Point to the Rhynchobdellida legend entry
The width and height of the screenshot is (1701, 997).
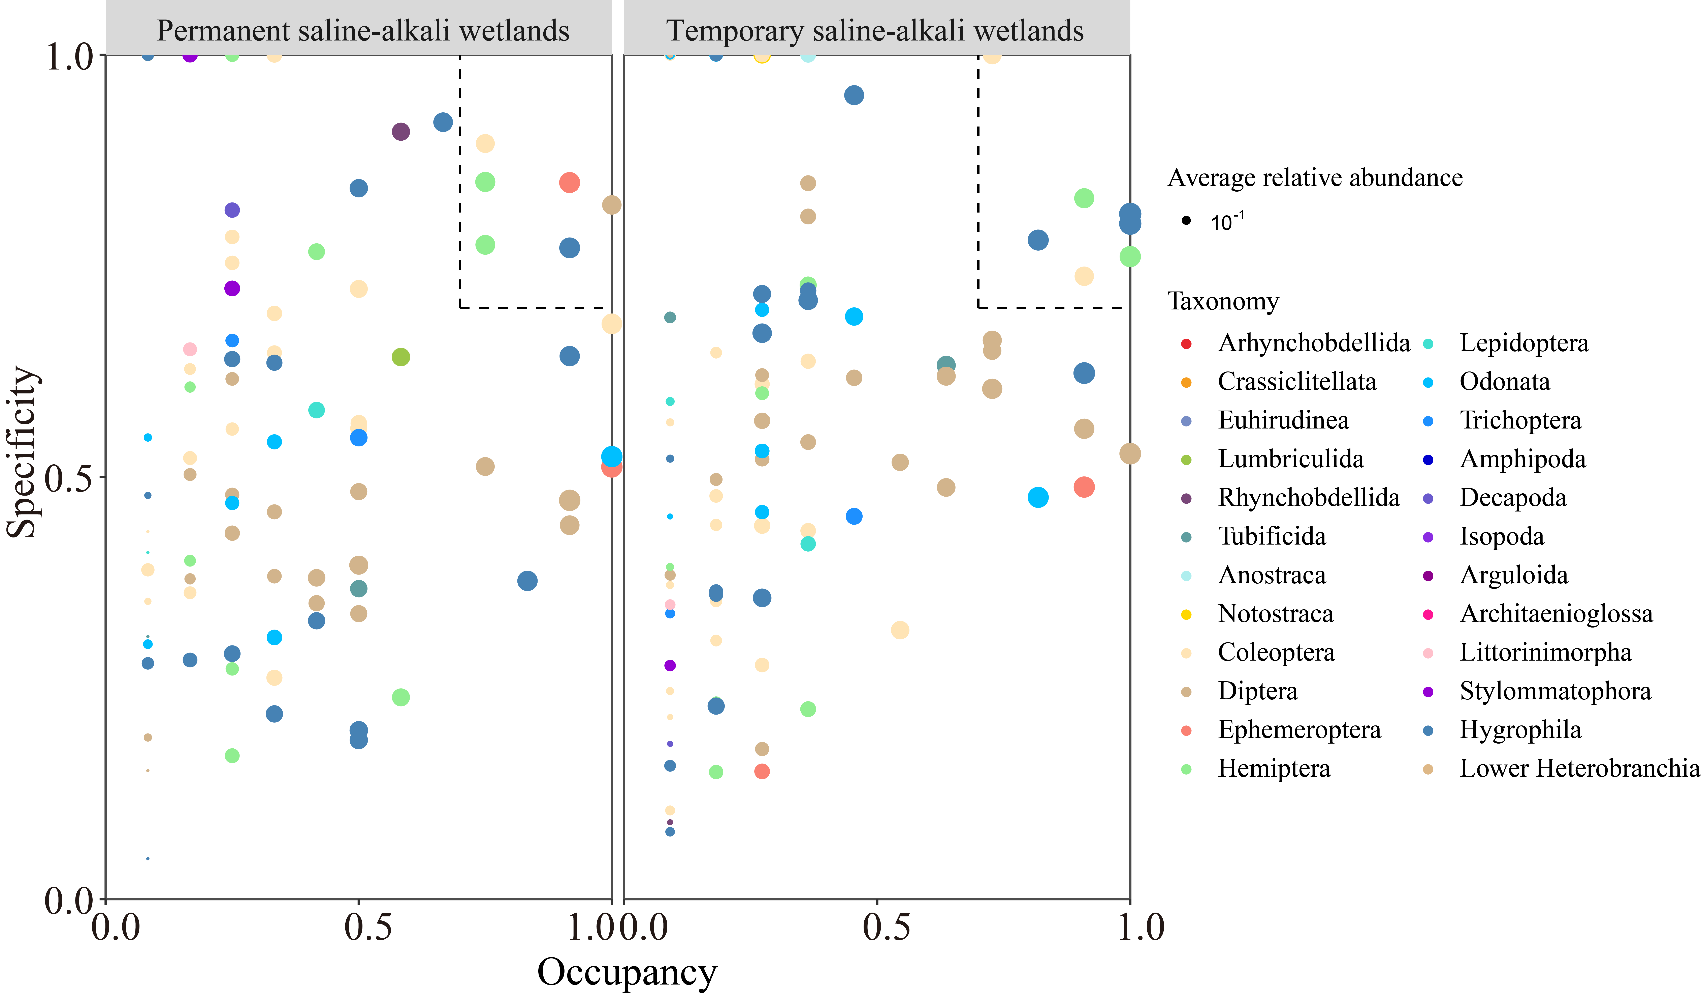pyautogui.click(x=1308, y=498)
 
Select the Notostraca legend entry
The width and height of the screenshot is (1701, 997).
pyautogui.click(x=1275, y=614)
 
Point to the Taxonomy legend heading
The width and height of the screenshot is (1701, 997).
pyautogui.click(x=1223, y=301)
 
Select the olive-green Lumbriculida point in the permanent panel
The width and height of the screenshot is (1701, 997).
pyautogui.click(x=401, y=357)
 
